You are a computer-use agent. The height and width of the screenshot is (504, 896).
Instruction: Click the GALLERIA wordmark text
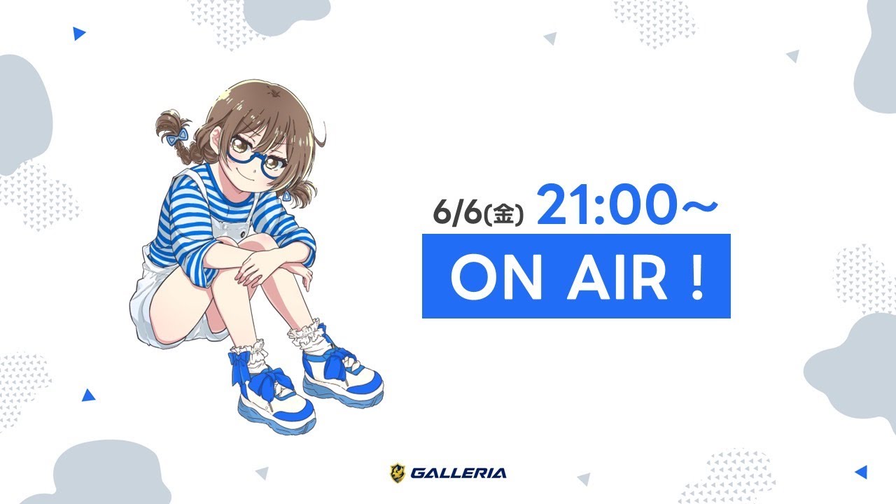pyautogui.click(x=458, y=473)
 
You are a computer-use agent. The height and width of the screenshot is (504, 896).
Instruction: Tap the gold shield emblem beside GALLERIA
pyautogui.click(x=397, y=472)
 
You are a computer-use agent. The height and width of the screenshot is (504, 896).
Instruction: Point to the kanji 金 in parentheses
pyautogui.click(x=503, y=214)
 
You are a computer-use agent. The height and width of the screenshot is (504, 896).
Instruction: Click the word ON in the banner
pyautogui.click(x=496, y=276)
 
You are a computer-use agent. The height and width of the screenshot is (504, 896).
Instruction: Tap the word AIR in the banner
pyautogui.click(x=617, y=276)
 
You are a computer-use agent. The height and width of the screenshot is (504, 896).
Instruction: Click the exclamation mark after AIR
pyautogui.click(x=697, y=276)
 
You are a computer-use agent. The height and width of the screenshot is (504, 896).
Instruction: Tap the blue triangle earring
pyautogui.click(x=287, y=195)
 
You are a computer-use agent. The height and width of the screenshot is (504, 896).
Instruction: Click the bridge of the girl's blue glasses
pyautogui.click(x=260, y=157)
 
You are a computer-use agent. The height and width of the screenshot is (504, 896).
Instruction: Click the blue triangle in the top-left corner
pyautogui.click(x=79, y=34)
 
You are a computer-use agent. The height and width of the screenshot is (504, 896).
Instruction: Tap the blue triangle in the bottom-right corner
pyautogui.click(x=861, y=472)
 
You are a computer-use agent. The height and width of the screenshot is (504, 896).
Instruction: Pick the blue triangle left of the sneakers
pyautogui.click(x=88, y=395)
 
